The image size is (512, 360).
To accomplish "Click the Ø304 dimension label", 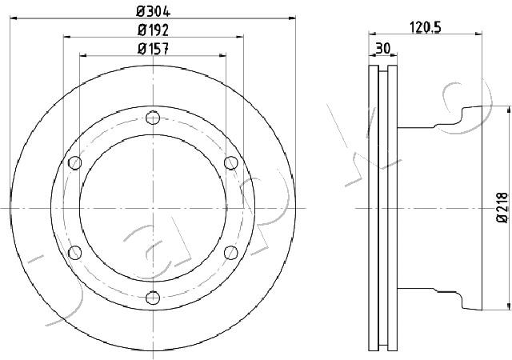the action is click(x=153, y=12).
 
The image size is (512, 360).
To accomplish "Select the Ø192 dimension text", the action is click(x=153, y=30).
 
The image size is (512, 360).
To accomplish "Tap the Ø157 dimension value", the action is click(x=153, y=49).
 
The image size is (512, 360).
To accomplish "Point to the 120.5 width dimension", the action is click(x=425, y=27).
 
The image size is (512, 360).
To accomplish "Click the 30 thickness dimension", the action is click(x=382, y=48).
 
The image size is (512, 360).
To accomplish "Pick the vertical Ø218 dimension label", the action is click(x=502, y=208).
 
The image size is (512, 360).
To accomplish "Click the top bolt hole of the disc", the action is click(x=153, y=118).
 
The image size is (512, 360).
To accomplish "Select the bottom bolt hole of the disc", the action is click(x=153, y=298).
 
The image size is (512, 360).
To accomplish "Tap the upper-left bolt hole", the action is click(x=75, y=162).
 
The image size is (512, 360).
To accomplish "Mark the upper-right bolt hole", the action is click(x=231, y=162).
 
